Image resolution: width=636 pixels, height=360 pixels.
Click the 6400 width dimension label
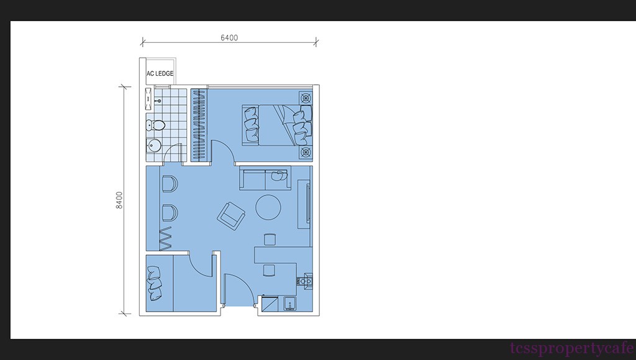[x=229, y=38]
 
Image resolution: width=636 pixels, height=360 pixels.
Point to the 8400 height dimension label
[x=119, y=200]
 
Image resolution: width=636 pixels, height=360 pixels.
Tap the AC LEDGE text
[x=160, y=73]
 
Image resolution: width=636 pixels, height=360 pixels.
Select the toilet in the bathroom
[x=155, y=125]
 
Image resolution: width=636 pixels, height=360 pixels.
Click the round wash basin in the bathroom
[x=153, y=145]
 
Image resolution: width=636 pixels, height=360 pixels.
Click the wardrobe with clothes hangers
[x=199, y=125]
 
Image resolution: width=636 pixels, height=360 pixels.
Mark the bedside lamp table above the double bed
[x=306, y=97]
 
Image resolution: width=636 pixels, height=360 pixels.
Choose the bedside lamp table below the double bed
[x=306, y=153]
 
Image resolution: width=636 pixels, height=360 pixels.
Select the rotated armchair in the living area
[x=231, y=215]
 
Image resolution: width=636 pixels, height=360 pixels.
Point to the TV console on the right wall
[x=304, y=205]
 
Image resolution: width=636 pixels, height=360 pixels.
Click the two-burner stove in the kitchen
[x=306, y=281]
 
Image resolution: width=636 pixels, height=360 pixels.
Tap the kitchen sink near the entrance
[x=290, y=304]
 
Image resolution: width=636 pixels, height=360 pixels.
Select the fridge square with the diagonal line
[x=270, y=304]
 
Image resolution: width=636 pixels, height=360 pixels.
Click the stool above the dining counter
[x=270, y=239]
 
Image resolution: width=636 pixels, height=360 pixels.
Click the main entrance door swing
[x=239, y=289]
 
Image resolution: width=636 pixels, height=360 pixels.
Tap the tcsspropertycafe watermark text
[x=572, y=348]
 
